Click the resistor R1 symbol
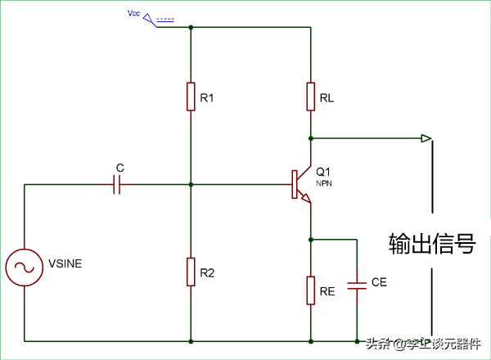(191, 97)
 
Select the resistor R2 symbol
(191, 272)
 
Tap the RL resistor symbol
(311, 97)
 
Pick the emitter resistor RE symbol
(311, 290)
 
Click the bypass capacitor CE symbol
(358, 286)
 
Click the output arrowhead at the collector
(426, 137)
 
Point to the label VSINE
(65, 263)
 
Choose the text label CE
(379, 282)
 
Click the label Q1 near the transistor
(323, 173)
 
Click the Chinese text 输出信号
(431, 244)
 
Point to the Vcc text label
(134, 14)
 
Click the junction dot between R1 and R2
(191, 185)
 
